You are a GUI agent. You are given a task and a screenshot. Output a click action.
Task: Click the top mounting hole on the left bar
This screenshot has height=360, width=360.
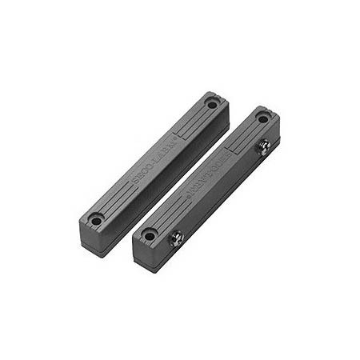pos(211,104)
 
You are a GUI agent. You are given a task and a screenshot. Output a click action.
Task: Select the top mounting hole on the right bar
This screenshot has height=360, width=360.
pos(262,118)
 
